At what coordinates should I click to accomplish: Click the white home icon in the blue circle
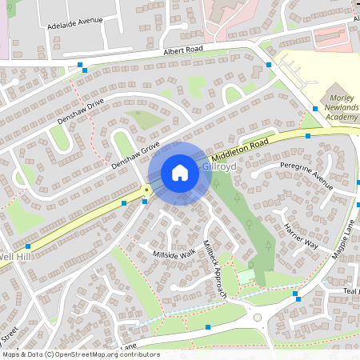coord(180,173)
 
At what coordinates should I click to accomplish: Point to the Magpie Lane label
coord(344,240)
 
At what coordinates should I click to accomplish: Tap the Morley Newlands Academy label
coord(340,108)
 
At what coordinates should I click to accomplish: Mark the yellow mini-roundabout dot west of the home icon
coord(146,190)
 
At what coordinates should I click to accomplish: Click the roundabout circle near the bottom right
coord(258,318)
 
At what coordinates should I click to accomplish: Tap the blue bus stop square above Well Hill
coord(28,246)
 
